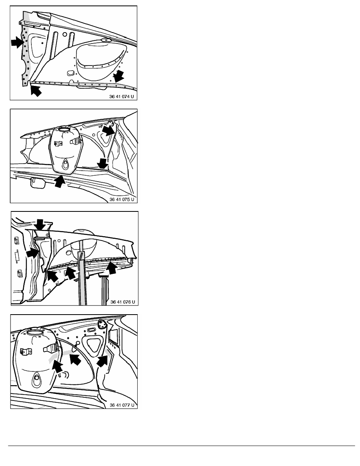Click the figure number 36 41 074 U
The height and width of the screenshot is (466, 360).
tap(122, 96)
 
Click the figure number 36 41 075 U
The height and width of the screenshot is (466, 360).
tap(122, 199)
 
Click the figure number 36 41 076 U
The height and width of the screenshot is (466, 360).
tap(123, 302)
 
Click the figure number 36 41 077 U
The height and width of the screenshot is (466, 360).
tap(122, 405)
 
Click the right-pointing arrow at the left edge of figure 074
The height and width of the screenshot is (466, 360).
tap(17, 42)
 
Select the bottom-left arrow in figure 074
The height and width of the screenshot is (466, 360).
tap(36, 90)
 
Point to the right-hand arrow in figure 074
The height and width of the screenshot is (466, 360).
tap(119, 76)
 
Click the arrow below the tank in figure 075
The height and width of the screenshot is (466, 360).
tap(59, 181)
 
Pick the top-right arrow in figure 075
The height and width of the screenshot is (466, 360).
tap(108, 129)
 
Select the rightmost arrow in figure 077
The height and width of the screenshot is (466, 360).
tap(102, 361)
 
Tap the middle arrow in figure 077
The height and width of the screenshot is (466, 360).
tap(75, 359)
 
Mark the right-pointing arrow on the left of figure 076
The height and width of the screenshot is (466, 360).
tap(33, 253)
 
